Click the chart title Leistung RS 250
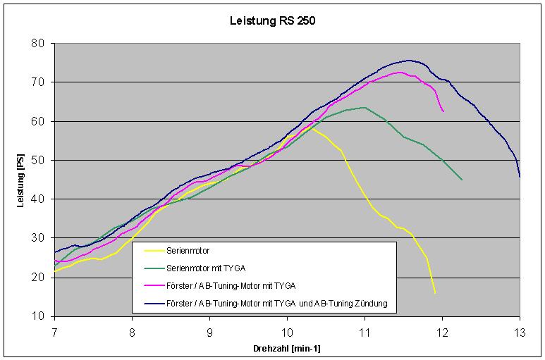(x=273, y=20)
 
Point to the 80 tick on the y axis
(x=39, y=44)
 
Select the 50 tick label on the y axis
(x=39, y=161)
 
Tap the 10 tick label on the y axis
(x=39, y=316)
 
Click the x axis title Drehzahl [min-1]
(x=286, y=348)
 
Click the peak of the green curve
(x=364, y=107)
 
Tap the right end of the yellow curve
(x=435, y=293)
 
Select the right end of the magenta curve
(x=443, y=111)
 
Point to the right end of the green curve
(x=462, y=180)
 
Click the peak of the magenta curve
(x=400, y=72)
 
